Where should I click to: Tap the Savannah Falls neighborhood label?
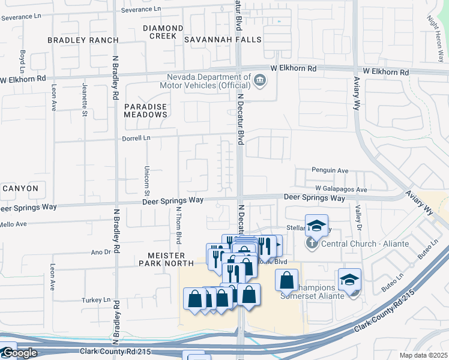(x=223, y=40)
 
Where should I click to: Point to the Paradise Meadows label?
(x=145, y=110)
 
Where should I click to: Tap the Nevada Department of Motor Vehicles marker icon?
(x=260, y=80)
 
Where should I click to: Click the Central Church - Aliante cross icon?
(x=311, y=244)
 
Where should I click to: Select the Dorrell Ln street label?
(x=137, y=138)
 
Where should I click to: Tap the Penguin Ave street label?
(x=330, y=170)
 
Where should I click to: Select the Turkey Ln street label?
(x=97, y=299)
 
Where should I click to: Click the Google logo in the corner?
(x=19, y=353)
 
